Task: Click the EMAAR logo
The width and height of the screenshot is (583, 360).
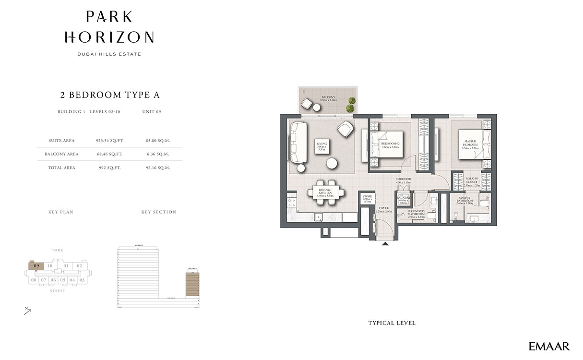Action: click(549, 346)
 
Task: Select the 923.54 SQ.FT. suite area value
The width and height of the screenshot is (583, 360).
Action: click(110, 141)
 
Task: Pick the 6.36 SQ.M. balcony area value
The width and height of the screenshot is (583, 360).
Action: click(158, 154)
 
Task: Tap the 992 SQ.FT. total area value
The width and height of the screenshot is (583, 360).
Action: click(110, 168)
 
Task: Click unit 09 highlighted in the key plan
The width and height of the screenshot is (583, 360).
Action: click(36, 265)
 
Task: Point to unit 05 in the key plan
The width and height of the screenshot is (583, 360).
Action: click(62, 280)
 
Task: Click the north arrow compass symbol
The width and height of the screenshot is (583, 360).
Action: click(28, 311)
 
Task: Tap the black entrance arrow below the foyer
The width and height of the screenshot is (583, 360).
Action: click(385, 244)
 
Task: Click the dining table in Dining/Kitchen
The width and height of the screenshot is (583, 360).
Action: click(325, 192)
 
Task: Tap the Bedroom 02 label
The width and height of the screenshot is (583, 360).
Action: click(391, 145)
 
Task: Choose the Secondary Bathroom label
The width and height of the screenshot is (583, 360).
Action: click(416, 214)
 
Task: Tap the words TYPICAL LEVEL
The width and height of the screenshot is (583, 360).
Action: click(392, 323)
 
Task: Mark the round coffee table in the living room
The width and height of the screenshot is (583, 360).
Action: click(332, 163)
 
